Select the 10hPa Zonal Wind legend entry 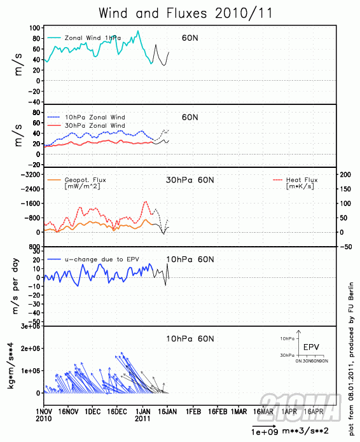[x=95, y=117]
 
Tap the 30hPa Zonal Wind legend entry [x=95, y=126]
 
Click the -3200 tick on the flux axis [x=30, y=174]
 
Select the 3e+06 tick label [x=28, y=326]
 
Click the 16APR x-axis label [x=313, y=412]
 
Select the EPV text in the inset [x=311, y=347]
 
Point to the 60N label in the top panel [x=190, y=38]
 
